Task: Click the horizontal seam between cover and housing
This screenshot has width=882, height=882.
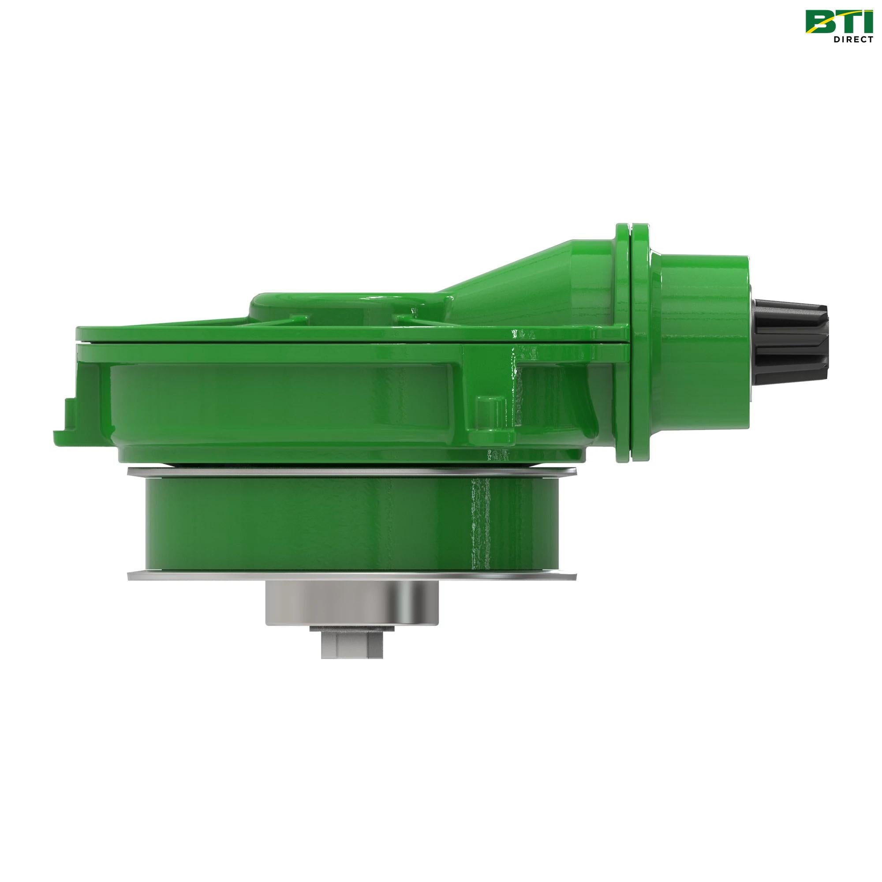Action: [x=320, y=342]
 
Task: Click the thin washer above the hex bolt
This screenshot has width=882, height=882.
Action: [x=352, y=629]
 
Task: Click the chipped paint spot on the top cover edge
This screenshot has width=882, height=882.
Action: [x=520, y=335]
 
